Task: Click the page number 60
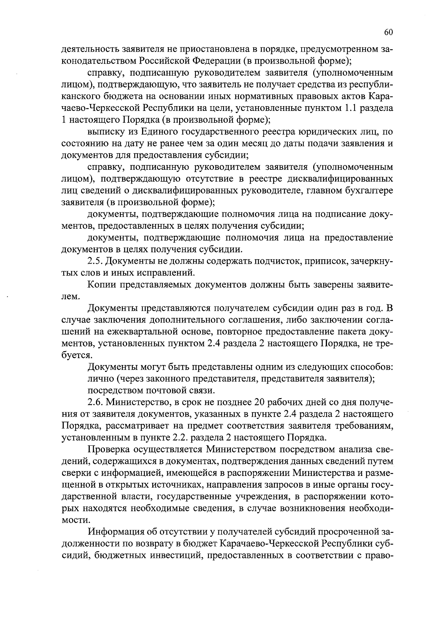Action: pos(388,33)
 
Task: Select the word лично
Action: pos(100,379)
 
